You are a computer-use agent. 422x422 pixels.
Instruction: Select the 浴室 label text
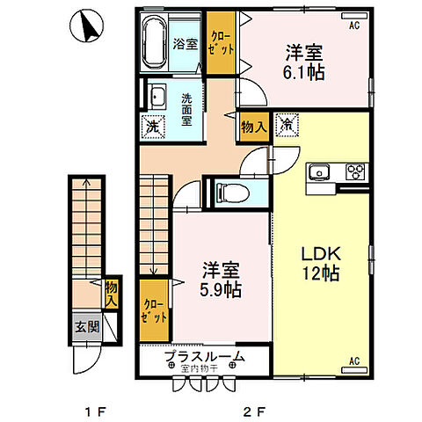coord(185,43)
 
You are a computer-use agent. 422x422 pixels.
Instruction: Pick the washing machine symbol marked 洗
coord(153,125)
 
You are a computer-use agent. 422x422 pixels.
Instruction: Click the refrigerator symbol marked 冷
coord(288,125)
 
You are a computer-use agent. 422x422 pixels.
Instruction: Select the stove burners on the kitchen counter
coord(355,171)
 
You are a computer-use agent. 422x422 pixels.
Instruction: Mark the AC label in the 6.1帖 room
coord(354,26)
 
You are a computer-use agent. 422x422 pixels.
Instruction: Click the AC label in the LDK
coord(354,360)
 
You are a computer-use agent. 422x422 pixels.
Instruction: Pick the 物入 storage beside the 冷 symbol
coord(254,127)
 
